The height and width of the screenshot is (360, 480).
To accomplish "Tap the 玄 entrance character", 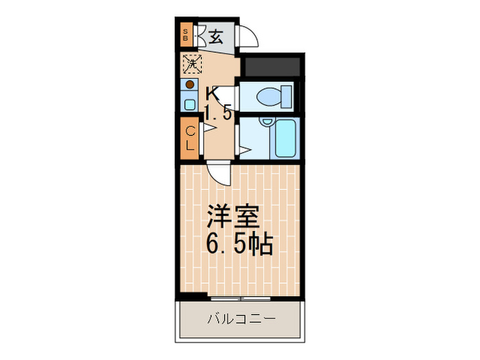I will (215, 36).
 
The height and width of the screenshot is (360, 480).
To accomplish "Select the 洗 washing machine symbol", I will (190, 64).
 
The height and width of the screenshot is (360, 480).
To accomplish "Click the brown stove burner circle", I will (189, 86).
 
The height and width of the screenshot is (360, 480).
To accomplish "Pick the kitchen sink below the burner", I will (189, 103).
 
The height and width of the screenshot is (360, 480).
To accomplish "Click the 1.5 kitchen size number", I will (218, 115).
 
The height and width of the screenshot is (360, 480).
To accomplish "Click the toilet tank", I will (288, 97).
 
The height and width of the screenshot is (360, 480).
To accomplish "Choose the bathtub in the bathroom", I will (284, 139).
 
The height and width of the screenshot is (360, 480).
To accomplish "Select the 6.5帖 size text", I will (240, 245).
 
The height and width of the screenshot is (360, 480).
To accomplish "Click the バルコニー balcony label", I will (240, 319).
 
